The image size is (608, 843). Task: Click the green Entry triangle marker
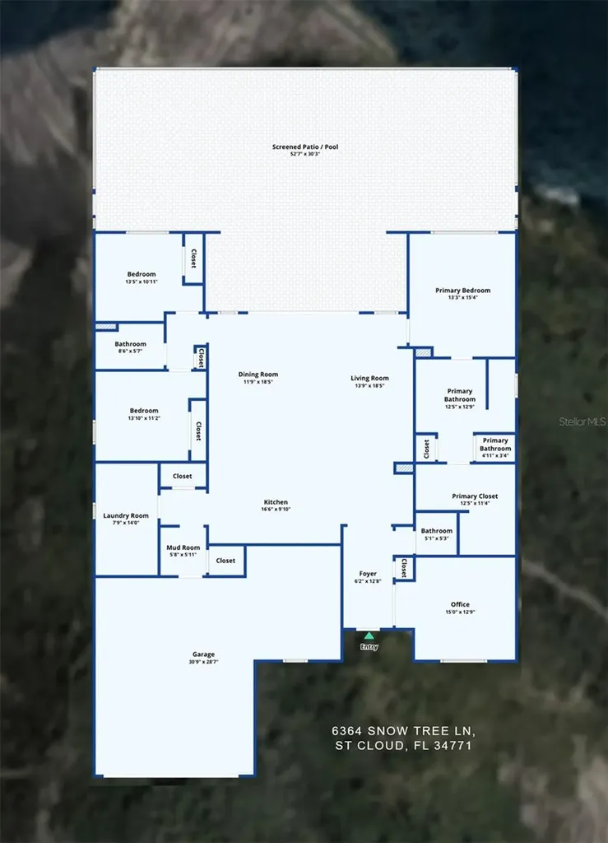tap(369, 636)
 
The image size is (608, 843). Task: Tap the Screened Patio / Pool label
tap(305, 147)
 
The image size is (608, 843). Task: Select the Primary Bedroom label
tap(462, 291)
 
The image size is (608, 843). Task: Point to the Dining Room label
tap(258, 375)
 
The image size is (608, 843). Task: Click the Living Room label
tap(369, 378)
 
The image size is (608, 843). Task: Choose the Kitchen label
tap(276, 501)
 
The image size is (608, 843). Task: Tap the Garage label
tap(203, 654)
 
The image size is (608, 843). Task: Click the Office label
tap(460, 604)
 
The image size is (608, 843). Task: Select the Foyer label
tap(368, 574)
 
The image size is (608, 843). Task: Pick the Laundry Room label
tap(126, 515)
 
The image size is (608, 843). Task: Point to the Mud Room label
tap(183, 547)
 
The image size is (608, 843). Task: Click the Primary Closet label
tap(475, 496)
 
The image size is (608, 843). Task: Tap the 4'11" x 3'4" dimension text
tap(495, 455)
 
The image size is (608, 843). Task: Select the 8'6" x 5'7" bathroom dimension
tap(131, 351)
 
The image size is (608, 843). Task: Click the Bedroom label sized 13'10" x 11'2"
tap(144, 411)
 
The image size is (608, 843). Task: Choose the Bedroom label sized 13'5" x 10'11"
tap(142, 274)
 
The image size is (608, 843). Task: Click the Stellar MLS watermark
tap(582, 422)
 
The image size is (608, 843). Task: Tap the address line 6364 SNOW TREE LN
tap(403, 731)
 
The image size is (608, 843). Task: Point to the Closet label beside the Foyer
tap(405, 568)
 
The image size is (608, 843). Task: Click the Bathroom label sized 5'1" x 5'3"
tap(437, 531)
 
